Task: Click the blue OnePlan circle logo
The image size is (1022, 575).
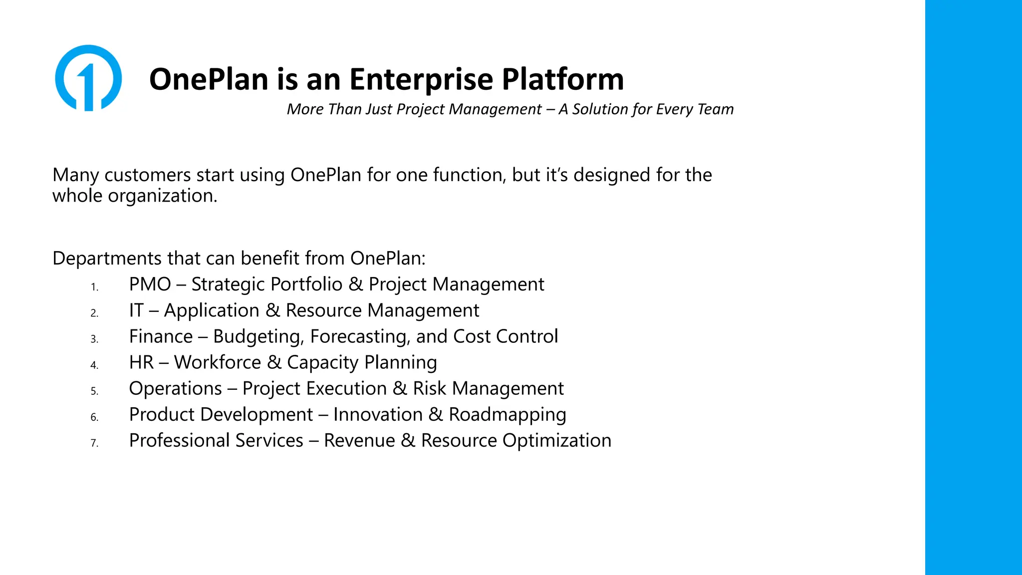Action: pos(88,78)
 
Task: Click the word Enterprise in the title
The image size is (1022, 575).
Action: pos(421,79)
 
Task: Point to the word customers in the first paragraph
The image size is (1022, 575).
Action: pos(148,175)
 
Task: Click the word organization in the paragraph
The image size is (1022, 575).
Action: pos(163,196)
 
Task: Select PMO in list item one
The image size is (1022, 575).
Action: pos(150,285)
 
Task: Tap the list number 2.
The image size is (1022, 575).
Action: pos(94,313)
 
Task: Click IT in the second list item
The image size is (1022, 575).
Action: pos(136,310)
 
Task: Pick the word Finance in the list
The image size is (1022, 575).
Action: pos(161,336)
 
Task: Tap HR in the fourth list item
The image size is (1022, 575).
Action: pos(141,362)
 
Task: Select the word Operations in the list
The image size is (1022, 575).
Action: pos(175,388)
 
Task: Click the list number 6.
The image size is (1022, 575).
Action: pos(94,417)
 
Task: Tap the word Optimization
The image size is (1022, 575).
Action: pos(556,441)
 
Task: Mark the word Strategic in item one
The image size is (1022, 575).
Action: pos(228,285)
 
